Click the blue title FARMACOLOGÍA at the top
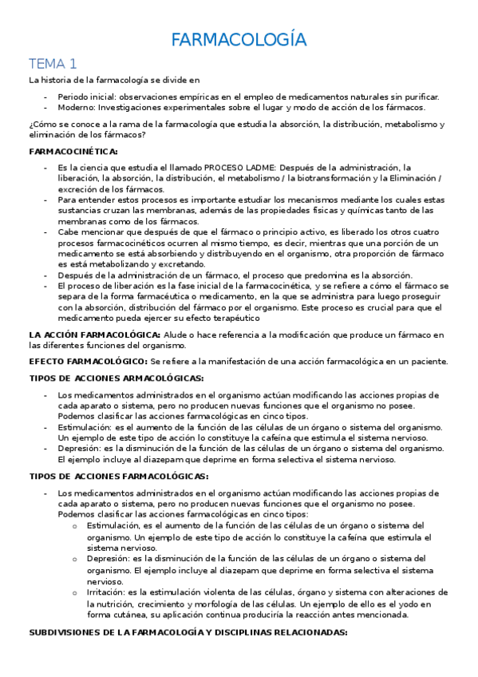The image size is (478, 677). pyautogui.click(x=239, y=40)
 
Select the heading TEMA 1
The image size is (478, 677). pyautogui.click(x=53, y=63)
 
